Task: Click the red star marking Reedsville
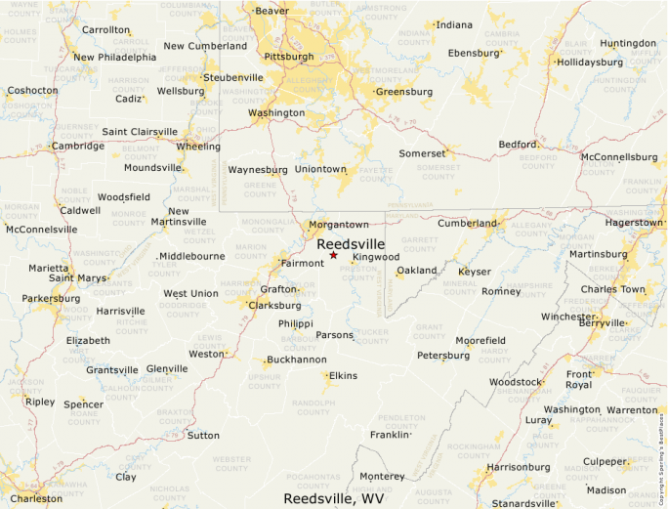coord(333,255)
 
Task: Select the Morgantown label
coord(339,225)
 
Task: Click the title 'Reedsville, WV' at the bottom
coord(333,498)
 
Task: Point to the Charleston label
coord(36,498)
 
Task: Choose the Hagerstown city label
coord(633,223)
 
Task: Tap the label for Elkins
coord(343,376)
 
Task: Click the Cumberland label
coord(468,224)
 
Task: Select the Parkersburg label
coord(51,298)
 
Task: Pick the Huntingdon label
coord(628,44)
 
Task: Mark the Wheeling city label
coord(198,147)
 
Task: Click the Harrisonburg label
coord(519,467)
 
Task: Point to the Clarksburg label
coord(274,305)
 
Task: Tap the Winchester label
coord(567,317)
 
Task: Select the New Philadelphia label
coord(114,57)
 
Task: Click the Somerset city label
coord(422,153)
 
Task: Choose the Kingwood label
coord(376,257)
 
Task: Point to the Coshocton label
coord(32,90)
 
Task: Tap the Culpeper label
coord(605,461)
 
